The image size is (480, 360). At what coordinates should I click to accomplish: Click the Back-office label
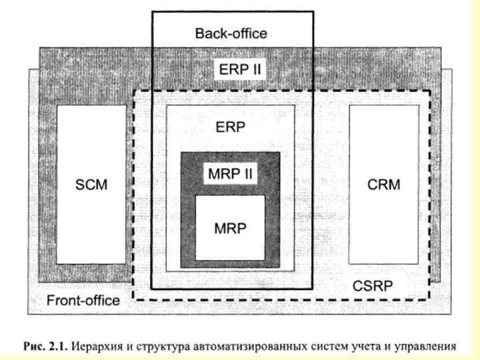[x=231, y=33]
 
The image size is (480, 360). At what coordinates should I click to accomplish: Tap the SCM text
[x=91, y=185]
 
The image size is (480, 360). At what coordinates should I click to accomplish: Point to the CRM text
[x=384, y=185]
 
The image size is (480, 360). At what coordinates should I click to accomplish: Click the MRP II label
[x=231, y=173]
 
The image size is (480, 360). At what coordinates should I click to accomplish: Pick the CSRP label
[x=371, y=287]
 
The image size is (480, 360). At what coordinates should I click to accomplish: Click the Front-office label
[x=83, y=300]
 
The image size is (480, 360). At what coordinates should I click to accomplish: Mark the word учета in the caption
[x=364, y=346]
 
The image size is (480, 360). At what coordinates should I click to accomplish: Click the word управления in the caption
[x=425, y=346]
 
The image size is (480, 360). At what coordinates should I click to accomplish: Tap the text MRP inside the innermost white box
[x=231, y=228]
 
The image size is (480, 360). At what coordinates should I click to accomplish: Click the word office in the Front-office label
[x=101, y=300]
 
